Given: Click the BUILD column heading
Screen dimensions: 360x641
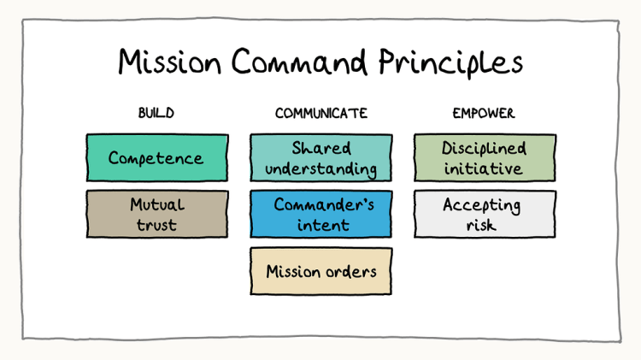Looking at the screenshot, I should (156, 113).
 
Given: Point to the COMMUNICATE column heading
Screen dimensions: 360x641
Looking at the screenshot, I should (320, 113).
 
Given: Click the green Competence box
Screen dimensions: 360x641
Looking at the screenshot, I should (156, 158).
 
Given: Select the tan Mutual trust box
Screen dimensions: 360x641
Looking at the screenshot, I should (156, 214).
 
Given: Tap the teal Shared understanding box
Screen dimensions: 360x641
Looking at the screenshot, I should (320, 158).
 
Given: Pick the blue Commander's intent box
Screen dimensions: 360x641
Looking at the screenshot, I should (320, 215).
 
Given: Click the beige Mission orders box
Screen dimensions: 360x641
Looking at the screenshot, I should (320, 272).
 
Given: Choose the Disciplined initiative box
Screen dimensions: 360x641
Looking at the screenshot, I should (484, 158).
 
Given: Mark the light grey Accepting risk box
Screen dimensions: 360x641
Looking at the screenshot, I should (484, 215).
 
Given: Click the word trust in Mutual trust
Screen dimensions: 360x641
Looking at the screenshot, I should (156, 226).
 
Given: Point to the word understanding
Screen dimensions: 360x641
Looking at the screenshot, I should (320, 168).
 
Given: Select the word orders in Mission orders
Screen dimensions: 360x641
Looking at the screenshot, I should (350, 272).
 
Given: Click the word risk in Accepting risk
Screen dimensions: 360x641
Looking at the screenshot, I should (484, 226).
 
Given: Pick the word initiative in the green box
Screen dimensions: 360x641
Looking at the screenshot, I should (484, 168).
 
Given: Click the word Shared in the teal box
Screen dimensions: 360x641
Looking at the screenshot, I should (321, 148).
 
